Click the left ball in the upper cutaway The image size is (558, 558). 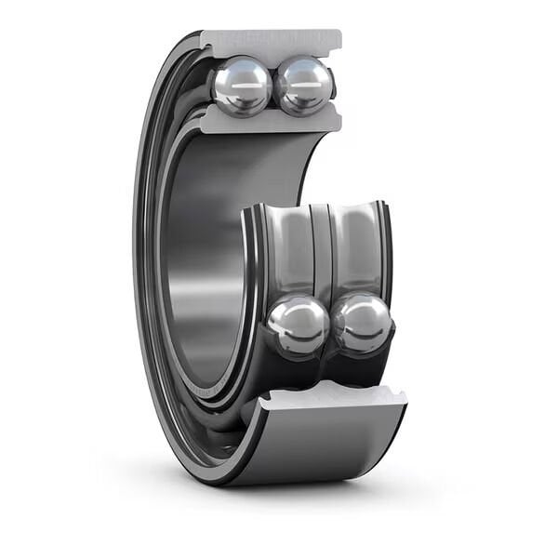(x=242, y=86)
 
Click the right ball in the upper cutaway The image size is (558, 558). (x=304, y=85)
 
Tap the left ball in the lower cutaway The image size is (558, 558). (x=298, y=325)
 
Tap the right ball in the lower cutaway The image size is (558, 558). (x=363, y=324)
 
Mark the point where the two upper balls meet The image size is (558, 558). (x=273, y=86)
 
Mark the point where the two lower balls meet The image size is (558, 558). (x=330, y=325)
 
